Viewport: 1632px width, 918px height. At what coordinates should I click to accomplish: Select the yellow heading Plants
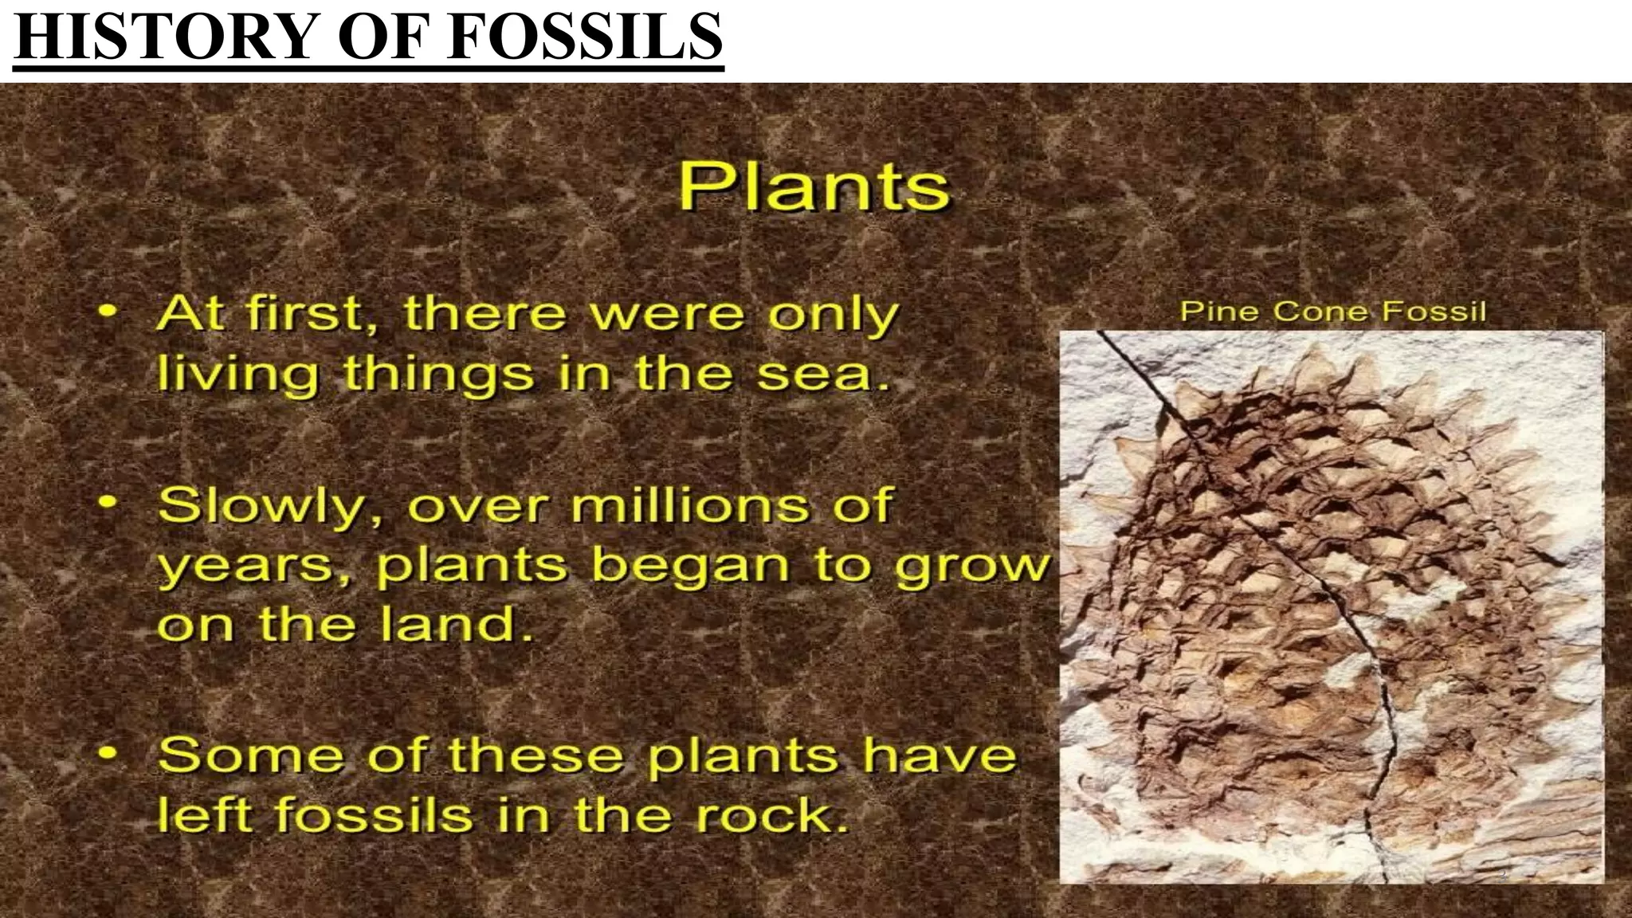814,186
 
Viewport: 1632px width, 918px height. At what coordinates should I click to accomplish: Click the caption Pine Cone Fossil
1332,311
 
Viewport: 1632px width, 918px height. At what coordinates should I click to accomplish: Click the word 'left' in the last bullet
204,814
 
